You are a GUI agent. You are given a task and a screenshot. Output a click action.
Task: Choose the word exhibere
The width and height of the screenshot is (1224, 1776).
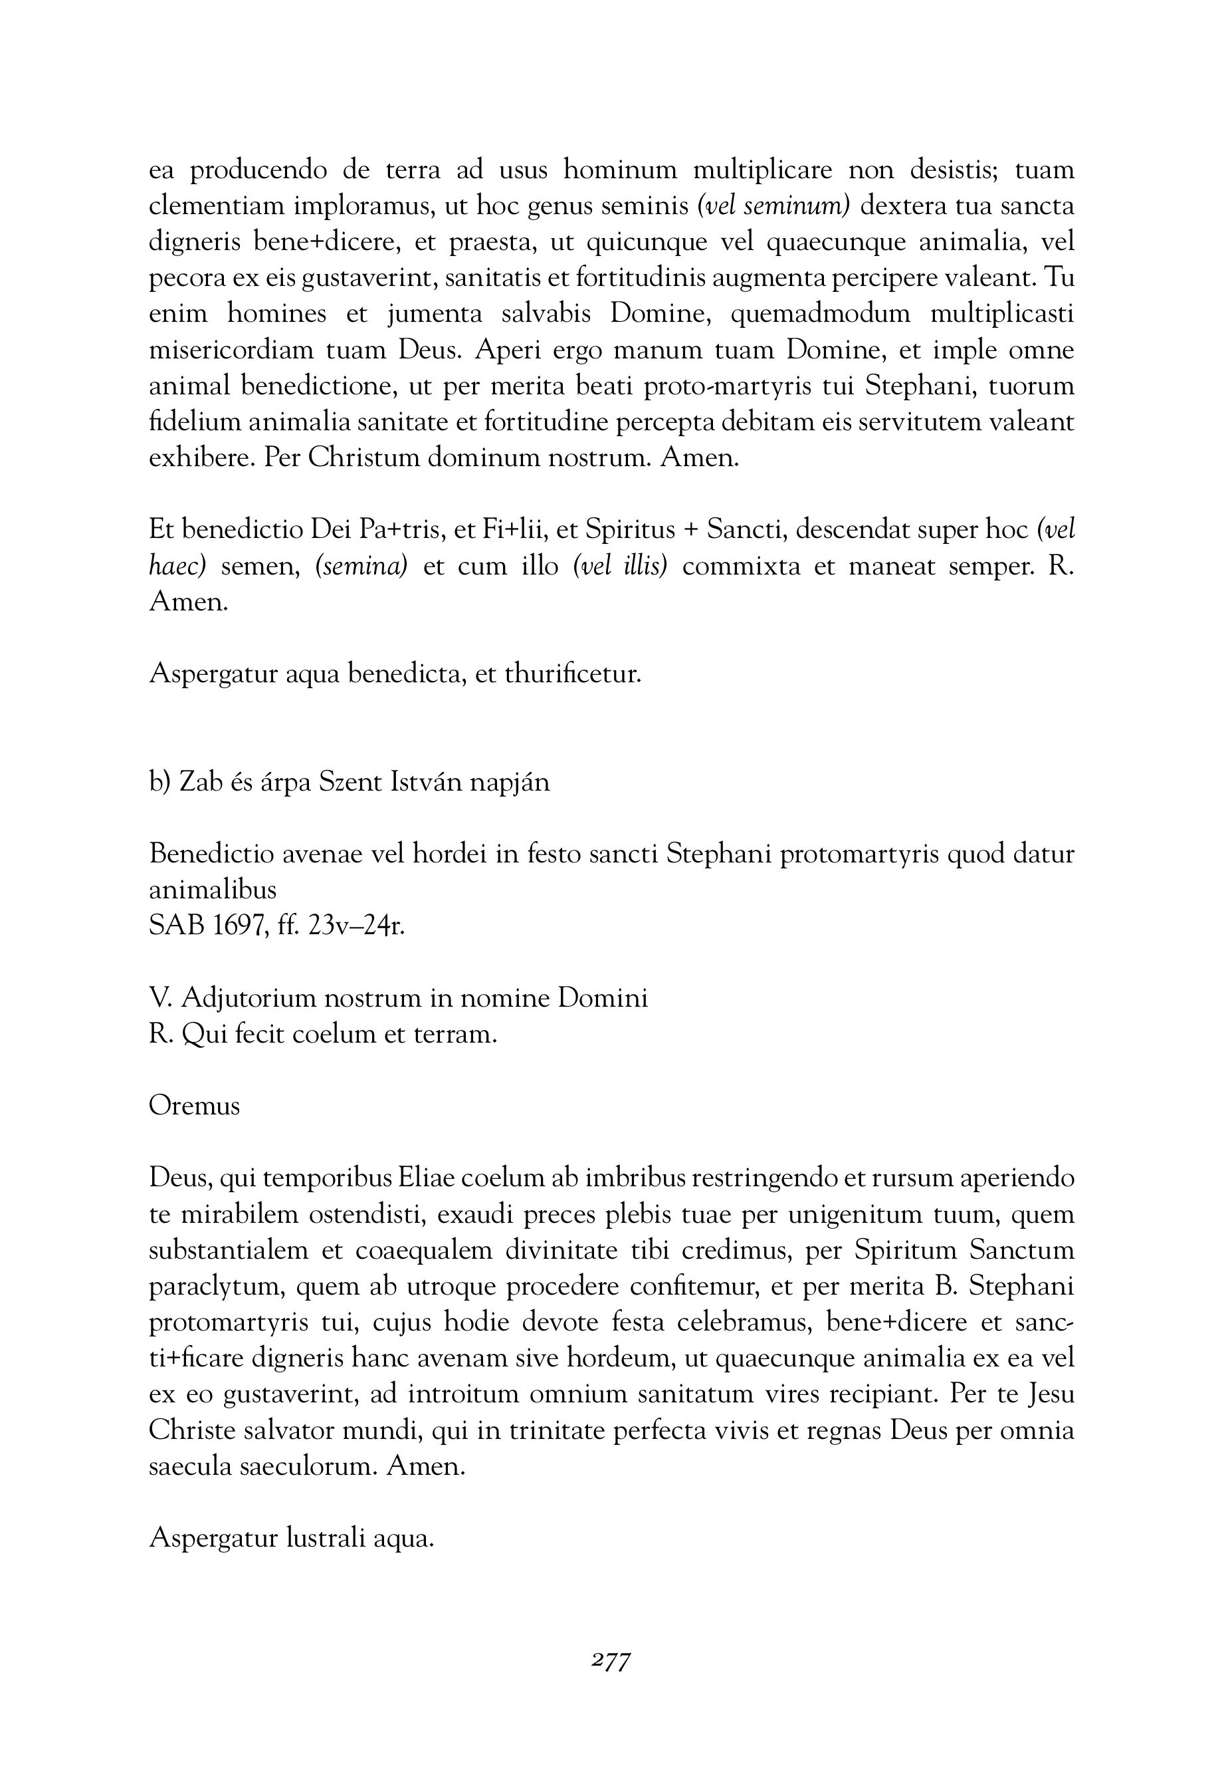point(199,458)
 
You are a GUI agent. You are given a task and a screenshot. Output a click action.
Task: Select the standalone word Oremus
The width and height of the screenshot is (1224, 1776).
point(194,1106)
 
